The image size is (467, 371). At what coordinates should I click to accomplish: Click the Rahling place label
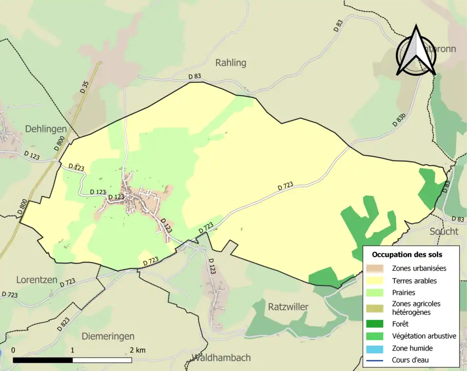(231, 63)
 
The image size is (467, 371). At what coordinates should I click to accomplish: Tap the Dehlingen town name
(46, 129)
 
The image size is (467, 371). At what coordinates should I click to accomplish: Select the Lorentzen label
(37, 280)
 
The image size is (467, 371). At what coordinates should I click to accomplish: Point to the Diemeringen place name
(108, 336)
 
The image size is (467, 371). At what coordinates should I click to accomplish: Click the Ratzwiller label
(288, 307)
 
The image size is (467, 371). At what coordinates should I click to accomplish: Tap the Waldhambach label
(221, 358)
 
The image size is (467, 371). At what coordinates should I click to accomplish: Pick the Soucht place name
(444, 231)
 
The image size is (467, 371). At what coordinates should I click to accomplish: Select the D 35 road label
(85, 87)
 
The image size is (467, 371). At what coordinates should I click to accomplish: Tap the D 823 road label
(63, 324)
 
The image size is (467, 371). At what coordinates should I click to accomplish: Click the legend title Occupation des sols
(407, 254)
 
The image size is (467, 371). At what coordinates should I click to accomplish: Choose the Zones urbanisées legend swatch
(378, 268)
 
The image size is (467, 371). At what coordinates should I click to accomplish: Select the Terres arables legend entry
(414, 281)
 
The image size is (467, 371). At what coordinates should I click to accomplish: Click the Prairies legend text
(403, 293)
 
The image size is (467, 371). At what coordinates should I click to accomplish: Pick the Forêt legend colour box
(378, 324)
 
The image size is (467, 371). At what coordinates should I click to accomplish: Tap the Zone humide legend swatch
(378, 348)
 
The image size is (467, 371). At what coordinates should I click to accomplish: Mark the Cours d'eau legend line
(378, 360)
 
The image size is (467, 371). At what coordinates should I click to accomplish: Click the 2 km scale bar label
(138, 350)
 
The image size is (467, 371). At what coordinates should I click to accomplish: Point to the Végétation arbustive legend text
(424, 336)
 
